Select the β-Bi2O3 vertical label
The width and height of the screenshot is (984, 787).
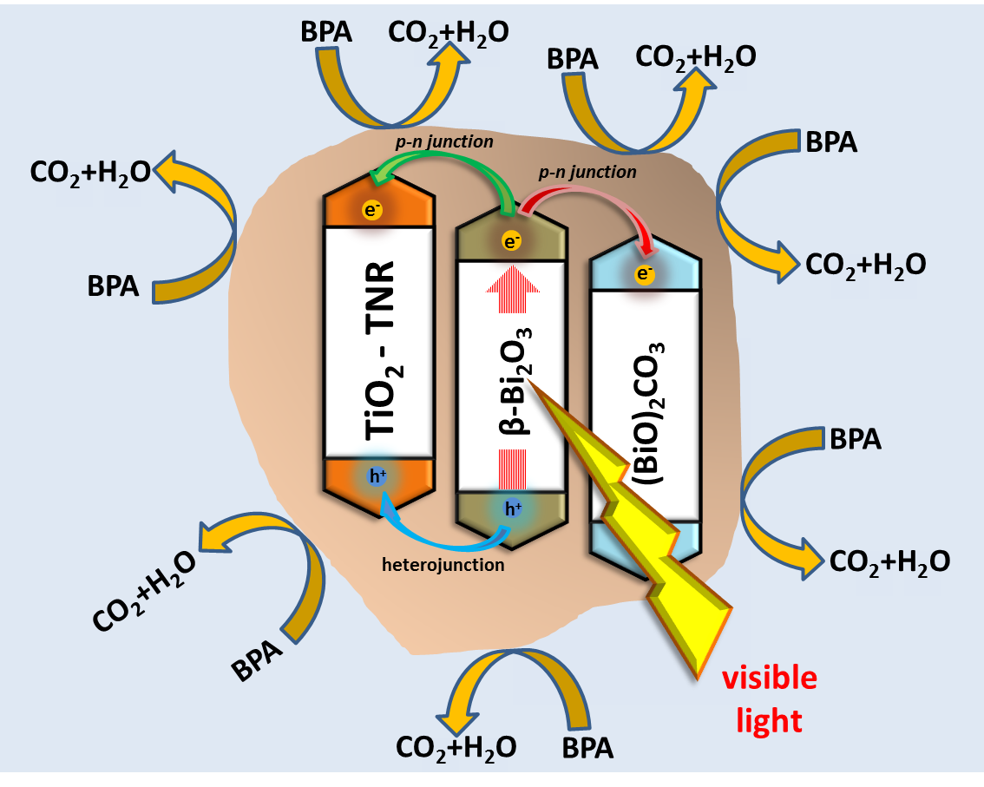pyautogui.click(x=511, y=383)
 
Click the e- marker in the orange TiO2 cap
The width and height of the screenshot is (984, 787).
pyautogui.click(x=372, y=210)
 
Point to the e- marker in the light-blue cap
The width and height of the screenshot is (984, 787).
pyautogui.click(x=644, y=274)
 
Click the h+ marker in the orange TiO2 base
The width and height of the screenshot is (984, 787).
pyautogui.click(x=377, y=475)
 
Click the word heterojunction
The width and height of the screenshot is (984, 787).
pyautogui.click(x=443, y=565)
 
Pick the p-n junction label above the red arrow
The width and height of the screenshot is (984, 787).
pyautogui.click(x=587, y=173)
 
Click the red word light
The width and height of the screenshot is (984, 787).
pyautogui.click(x=769, y=720)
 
